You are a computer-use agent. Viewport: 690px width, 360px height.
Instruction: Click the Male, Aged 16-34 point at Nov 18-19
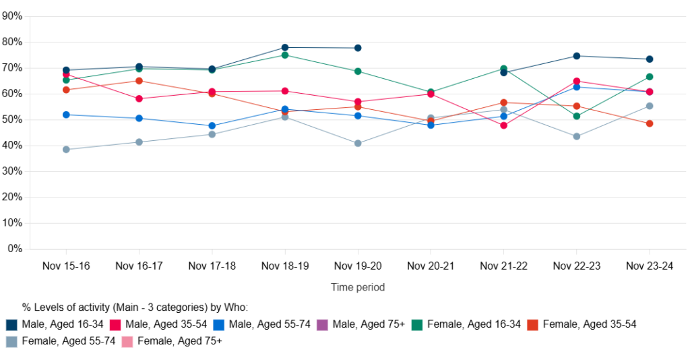(x=285, y=47)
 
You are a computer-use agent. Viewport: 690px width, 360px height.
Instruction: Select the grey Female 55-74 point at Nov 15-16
(x=66, y=150)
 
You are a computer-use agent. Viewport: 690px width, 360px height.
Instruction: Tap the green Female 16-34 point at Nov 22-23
(x=576, y=116)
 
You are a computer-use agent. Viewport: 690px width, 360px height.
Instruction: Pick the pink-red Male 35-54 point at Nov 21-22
(x=503, y=125)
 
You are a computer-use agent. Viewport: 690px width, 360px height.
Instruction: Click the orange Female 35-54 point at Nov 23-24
(x=649, y=123)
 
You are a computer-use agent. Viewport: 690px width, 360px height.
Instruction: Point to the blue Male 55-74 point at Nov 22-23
(x=576, y=87)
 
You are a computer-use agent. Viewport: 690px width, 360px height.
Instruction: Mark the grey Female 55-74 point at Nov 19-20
(x=358, y=143)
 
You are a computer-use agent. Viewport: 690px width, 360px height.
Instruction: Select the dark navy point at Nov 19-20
(x=358, y=48)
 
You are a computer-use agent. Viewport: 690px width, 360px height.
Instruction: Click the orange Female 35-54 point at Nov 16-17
(x=139, y=81)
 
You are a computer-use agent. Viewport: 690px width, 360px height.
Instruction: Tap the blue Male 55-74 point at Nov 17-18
(x=212, y=125)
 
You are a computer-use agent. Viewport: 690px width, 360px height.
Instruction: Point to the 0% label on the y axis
(x=15, y=249)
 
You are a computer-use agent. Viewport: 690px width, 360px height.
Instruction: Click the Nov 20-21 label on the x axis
(x=431, y=266)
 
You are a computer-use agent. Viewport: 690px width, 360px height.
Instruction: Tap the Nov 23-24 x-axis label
(x=649, y=266)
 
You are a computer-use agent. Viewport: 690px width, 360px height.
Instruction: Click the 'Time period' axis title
(x=358, y=287)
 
